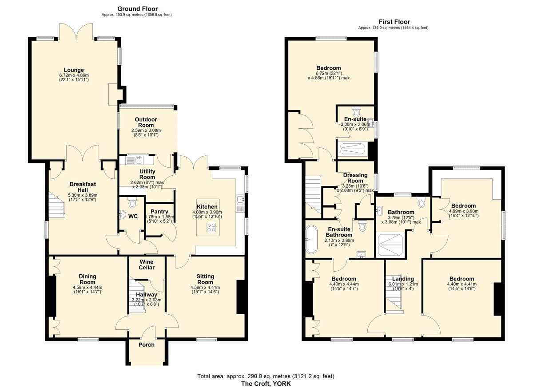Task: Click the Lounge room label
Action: (74, 70)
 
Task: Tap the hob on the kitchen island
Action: (211, 227)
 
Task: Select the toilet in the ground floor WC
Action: (131, 202)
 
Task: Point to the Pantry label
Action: (159, 212)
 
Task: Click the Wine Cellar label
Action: (147, 265)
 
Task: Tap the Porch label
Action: (147, 345)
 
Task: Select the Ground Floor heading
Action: (138, 9)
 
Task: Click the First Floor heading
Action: (394, 22)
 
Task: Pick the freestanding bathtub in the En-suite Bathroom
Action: (311, 239)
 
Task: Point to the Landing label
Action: (403, 279)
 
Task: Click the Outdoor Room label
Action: (146, 122)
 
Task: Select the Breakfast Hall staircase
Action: (57, 205)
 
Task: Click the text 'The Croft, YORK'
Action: (266, 384)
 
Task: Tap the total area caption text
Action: (266, 376)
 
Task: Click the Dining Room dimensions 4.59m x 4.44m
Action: (88, 288)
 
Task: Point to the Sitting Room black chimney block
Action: (241, 297)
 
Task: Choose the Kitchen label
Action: (207, 207)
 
